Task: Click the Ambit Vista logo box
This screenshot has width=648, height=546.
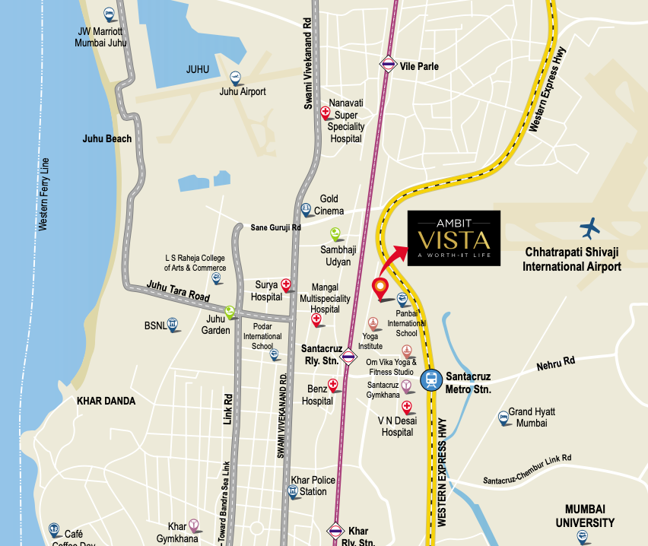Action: pyautogui.click(x=453, y=238)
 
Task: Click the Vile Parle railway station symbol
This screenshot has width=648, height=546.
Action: pyautogui.click(x=389, y=65)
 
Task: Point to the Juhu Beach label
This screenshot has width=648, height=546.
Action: pyautogui.click(x=107, y=139)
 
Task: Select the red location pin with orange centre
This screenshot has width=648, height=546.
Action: pyautogui.click(x=380, y=287)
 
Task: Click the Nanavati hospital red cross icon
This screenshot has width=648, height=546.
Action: pyautogui.click(x=326, y=112)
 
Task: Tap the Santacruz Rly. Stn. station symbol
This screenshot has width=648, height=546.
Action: pyautogui.click(x=348, y=355)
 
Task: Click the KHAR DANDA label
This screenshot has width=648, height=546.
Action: pyautogui.click(x=106, y=401)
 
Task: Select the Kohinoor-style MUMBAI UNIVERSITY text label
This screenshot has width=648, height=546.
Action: pyautogui.click(x=589, y=516)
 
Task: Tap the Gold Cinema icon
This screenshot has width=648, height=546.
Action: pyautogui.click(x=306, y=208)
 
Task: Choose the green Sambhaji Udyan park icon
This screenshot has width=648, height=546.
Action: pyautogui.click(x=335, y=233)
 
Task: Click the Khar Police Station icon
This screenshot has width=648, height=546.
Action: pyautogui.click(x=294, y=490)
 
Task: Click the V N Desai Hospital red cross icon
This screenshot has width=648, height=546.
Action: pyautogui.click(x=407, y=407)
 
